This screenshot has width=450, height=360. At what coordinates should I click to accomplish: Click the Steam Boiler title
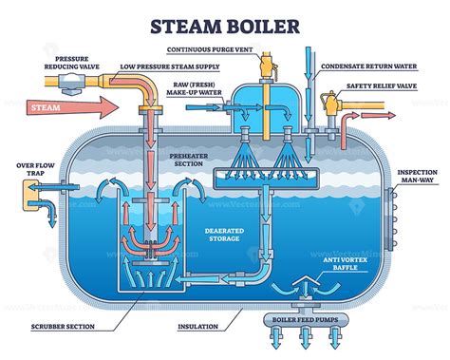(x=224, y=19)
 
